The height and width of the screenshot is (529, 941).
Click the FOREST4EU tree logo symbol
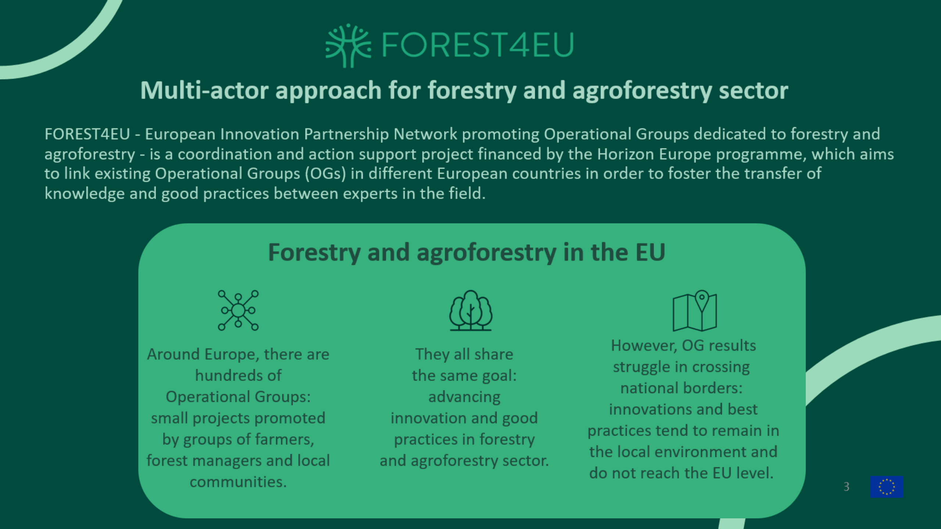point(348,46)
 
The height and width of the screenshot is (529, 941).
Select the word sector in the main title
point(754,91)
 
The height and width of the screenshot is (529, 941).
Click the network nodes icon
point(238,310)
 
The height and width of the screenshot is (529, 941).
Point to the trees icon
point(471,310)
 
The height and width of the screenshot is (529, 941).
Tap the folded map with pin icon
point(695,311)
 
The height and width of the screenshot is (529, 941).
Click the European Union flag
point(887,487)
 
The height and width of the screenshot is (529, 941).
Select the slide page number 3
point(847,487)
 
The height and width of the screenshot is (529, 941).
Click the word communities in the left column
point(238,482)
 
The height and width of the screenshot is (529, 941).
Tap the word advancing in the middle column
point(464,397)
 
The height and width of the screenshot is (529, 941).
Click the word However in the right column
point(644,346)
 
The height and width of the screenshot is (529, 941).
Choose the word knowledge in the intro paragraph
point(85,194)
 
